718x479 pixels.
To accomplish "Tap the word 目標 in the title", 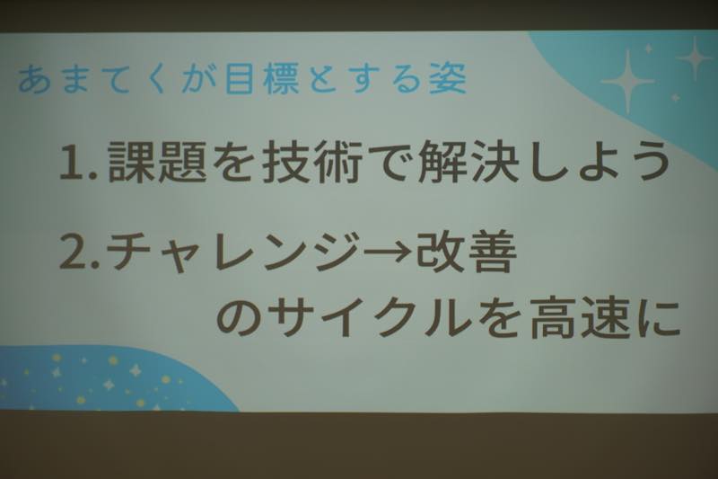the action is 262,79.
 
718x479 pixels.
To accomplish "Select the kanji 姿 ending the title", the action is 447,78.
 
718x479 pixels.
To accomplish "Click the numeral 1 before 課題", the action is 72,162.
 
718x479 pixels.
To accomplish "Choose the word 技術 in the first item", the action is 312,161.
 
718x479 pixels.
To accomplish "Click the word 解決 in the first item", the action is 468,161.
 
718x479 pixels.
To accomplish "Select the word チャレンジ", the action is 234,252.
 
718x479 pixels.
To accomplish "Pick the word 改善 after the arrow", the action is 466,252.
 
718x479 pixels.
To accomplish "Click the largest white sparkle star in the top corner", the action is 627,82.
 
